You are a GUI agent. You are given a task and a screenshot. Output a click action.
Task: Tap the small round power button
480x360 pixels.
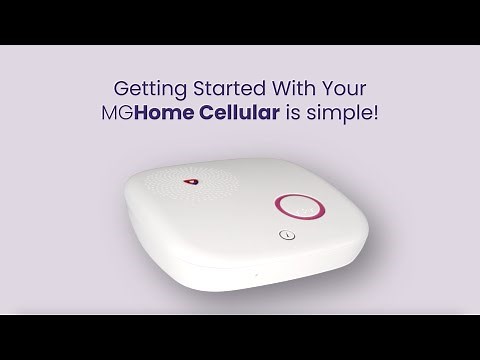click(286, 237)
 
